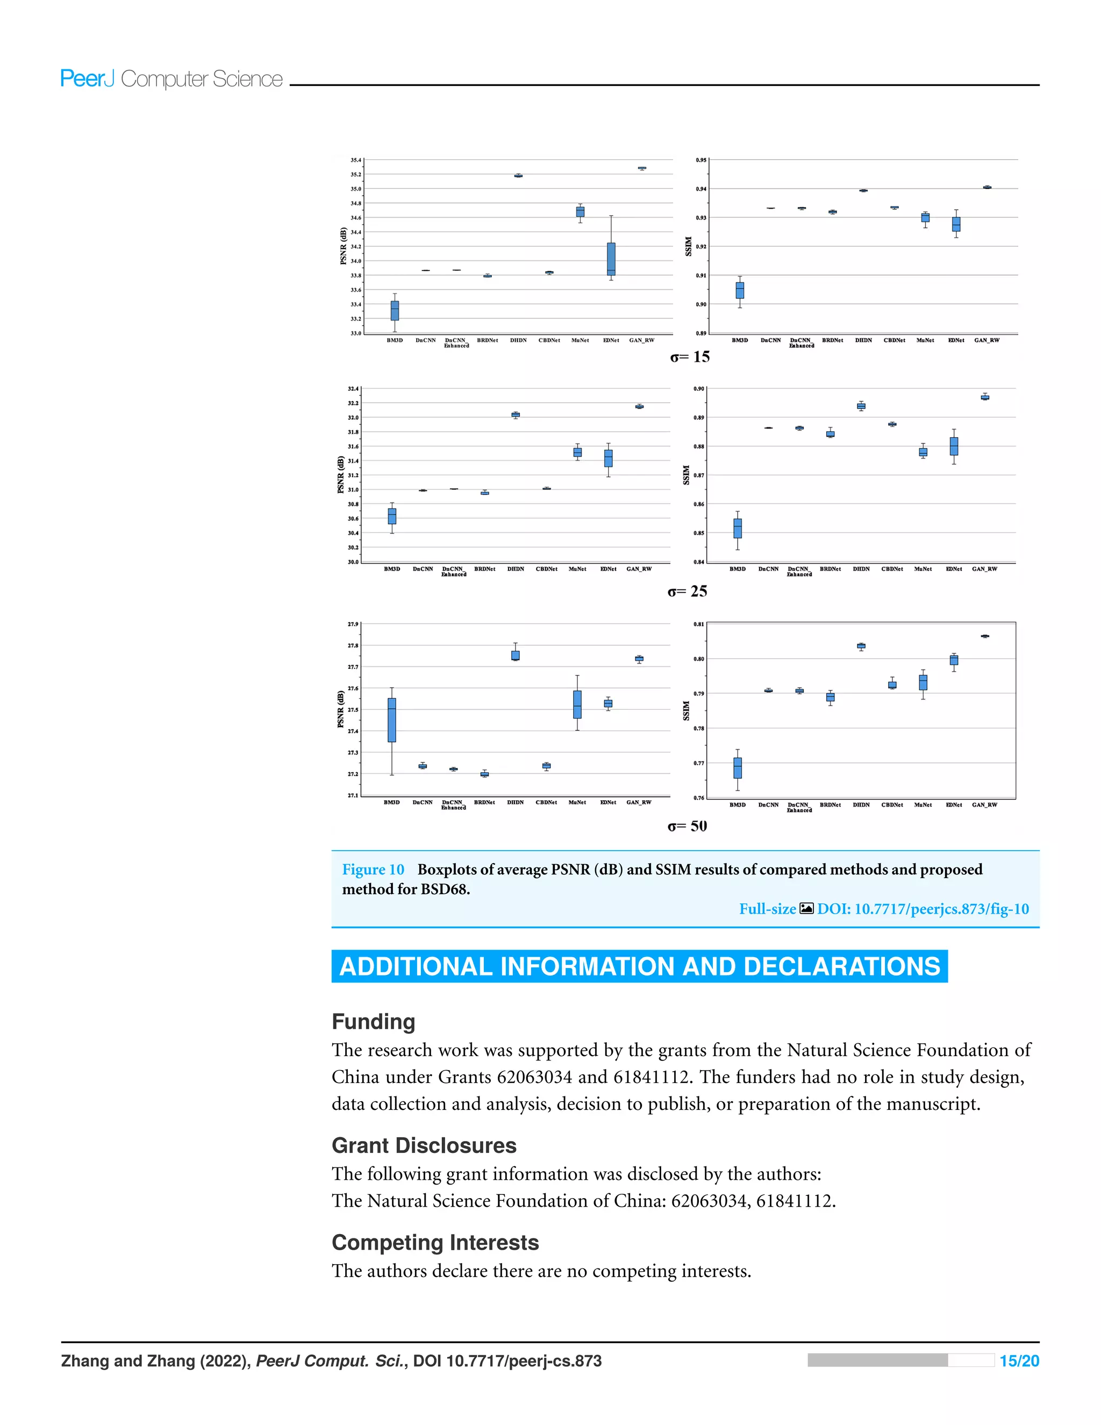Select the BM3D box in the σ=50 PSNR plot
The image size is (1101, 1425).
point(391,719)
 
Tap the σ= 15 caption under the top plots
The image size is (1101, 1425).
point(689,357)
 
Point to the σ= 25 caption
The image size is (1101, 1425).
point(687,591)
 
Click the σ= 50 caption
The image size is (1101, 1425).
point(687,826)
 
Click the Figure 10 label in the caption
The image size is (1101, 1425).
point(373,870)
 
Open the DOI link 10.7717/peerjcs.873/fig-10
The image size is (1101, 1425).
point(923,909)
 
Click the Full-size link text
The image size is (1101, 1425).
point(767,909)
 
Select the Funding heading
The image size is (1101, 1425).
point(373,1021)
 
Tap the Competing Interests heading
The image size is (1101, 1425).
point(435,1242)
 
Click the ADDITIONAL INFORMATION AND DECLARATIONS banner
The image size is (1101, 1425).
point(639,966)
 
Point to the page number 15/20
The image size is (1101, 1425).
point(1019,1356)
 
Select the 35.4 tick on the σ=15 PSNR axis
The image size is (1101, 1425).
point(355,160)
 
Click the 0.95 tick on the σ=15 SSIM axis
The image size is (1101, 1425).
point(700,160)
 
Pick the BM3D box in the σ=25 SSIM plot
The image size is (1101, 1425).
point(737,528)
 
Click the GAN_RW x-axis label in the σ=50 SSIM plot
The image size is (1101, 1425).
point(984,805)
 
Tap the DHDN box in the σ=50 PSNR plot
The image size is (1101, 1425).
point(515,655)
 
